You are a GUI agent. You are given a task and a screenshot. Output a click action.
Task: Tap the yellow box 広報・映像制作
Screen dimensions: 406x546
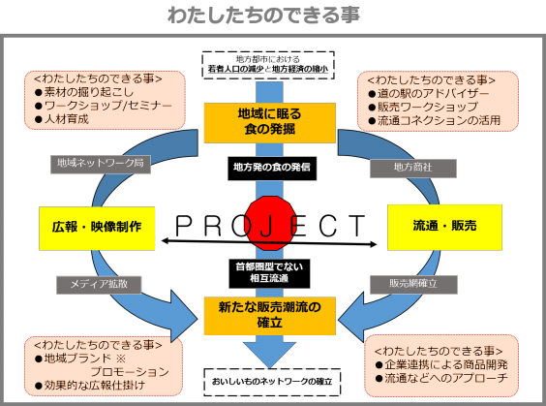98,227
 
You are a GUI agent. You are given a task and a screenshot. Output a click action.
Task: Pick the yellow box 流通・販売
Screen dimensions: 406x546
444,226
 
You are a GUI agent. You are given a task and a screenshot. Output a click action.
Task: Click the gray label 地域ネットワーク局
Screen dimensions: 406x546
100,164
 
